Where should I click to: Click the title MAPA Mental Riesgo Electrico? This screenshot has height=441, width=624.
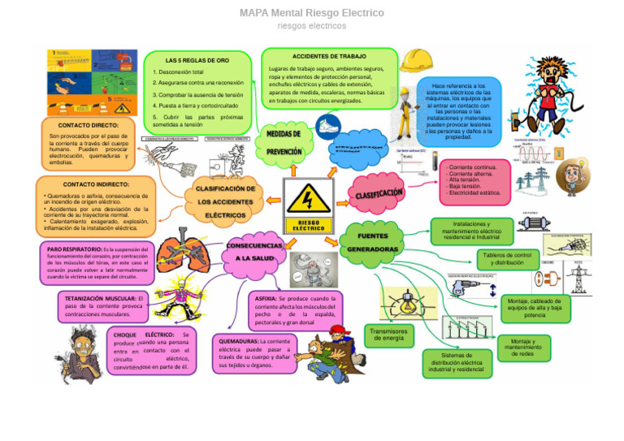pos(311,13)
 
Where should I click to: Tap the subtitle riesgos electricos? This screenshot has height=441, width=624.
pos(311,26)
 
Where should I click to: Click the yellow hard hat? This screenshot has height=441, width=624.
pos(415,60)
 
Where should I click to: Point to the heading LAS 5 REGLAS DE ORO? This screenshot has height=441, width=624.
pos(197,61)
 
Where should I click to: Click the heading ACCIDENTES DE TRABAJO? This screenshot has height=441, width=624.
pos(329,56)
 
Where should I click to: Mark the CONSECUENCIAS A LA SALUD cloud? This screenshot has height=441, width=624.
pos(254,251)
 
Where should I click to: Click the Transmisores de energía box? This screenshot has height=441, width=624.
pos(388,335)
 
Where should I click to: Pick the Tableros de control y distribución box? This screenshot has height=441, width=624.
pos(508,258)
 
